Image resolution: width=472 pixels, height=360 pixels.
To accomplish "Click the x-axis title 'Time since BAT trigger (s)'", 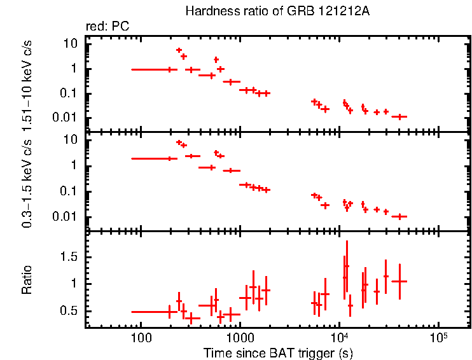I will click(x=278, y=352).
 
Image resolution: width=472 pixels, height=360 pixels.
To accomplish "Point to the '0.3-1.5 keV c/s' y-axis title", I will click(x=27, y=181).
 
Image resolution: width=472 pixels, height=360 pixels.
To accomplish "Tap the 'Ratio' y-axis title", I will click(x=27, y=280).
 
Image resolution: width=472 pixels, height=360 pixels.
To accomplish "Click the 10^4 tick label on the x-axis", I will click(x=339, y=335).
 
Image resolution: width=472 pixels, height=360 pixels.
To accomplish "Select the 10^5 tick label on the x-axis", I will click(x=438, y=335).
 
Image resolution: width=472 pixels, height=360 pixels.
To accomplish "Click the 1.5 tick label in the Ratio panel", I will click(x=70, y=256).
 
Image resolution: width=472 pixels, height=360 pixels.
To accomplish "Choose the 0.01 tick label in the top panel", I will click(x=67, y=118).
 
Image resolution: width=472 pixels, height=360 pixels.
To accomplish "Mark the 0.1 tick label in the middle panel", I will click(x=69, y=191).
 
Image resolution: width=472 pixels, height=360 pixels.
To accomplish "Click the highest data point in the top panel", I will click(x=179, y=50).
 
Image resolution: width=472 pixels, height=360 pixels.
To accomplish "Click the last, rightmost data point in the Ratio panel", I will click(x=399, y=281).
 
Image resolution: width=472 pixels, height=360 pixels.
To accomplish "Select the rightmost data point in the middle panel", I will click(x=399, y=216).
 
